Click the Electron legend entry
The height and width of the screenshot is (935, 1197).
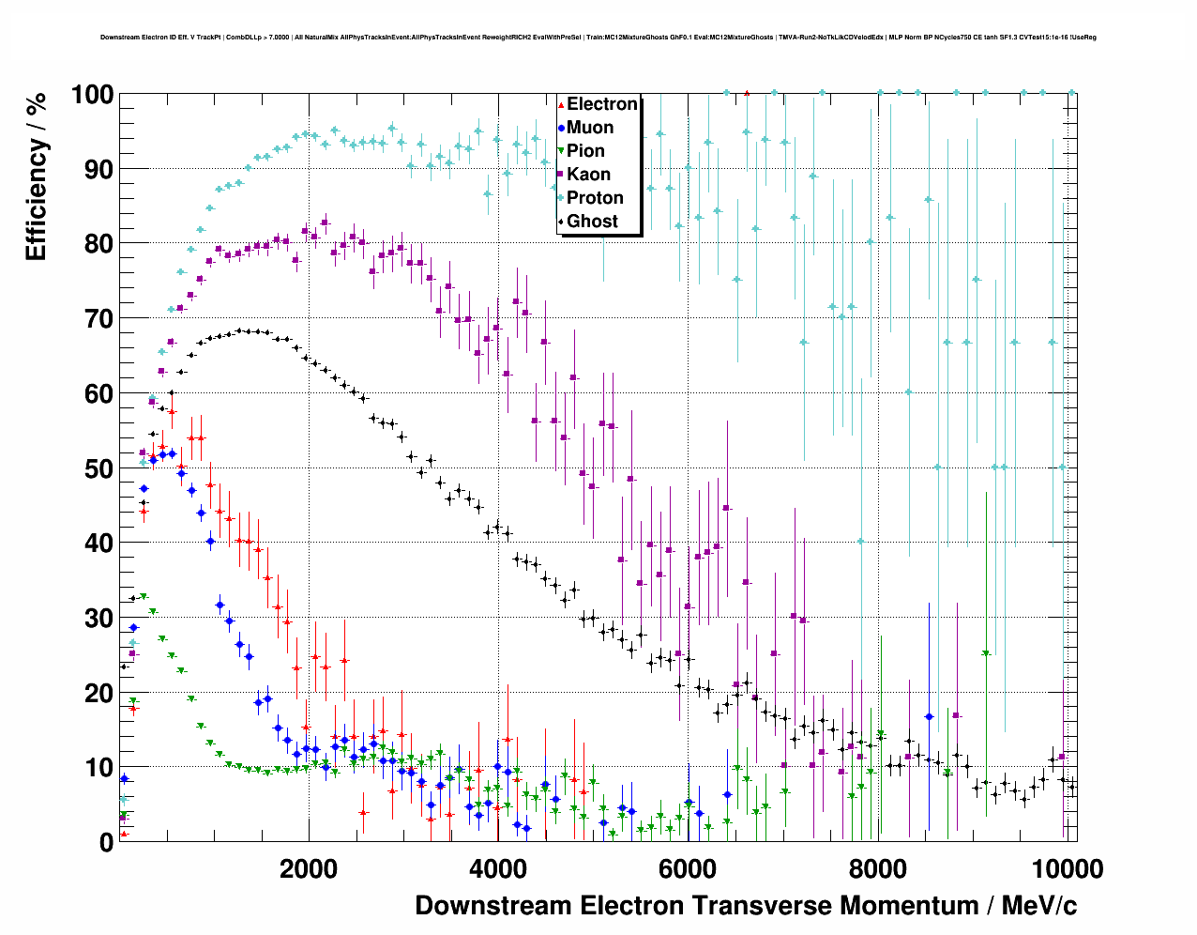click(601, 104)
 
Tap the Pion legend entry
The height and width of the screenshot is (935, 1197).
click(585, 151)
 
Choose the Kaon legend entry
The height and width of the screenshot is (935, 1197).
click(588, 175)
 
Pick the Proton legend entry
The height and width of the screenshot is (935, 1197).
click(595, 198)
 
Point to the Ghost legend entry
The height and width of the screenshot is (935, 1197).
click(592, 222)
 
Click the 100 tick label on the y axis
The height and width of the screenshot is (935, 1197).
click(92, 95)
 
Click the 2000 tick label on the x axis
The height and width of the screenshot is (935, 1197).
click(308, 869)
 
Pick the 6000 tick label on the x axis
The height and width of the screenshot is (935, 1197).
click(687, 869)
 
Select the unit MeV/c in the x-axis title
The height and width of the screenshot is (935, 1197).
click(1039, 906)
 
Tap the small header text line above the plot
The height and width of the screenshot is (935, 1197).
click(598, 38)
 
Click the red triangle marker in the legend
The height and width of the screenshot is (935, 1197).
click(561, 104)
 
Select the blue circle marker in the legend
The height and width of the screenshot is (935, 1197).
click(561, 128)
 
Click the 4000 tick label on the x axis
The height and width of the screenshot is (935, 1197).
click(497, 869)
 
